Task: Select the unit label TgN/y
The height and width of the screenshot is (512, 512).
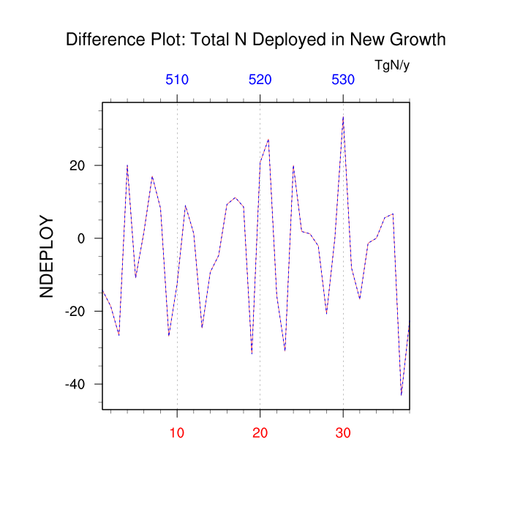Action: [392, 66]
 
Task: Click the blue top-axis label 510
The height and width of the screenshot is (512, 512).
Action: [177, 80]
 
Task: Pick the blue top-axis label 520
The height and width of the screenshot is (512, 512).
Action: [260, 80]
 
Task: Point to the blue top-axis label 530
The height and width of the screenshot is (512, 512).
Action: [343, 80]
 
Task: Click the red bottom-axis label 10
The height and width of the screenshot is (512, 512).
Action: [177, 433]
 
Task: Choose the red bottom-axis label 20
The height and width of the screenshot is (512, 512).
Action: [260, 433]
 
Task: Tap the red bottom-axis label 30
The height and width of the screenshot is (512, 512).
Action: [343, 433]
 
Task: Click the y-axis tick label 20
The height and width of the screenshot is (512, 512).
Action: [78, 165]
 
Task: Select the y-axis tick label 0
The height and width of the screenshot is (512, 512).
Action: [82, 238]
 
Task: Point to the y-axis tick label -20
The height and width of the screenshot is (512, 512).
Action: [75, 312]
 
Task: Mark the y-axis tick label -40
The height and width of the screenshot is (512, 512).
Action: [75, 385]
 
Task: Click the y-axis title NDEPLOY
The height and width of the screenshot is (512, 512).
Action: [47, 256]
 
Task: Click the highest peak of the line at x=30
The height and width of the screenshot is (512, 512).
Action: [343, 116]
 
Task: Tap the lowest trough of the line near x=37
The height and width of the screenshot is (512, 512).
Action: [402, 396]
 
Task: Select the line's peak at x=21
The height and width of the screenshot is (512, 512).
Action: [268, 139]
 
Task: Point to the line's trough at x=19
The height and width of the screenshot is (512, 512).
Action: [252, 354]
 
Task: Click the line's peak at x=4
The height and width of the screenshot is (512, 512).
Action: [127, 165]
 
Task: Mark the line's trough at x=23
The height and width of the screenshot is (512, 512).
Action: [285, 350]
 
